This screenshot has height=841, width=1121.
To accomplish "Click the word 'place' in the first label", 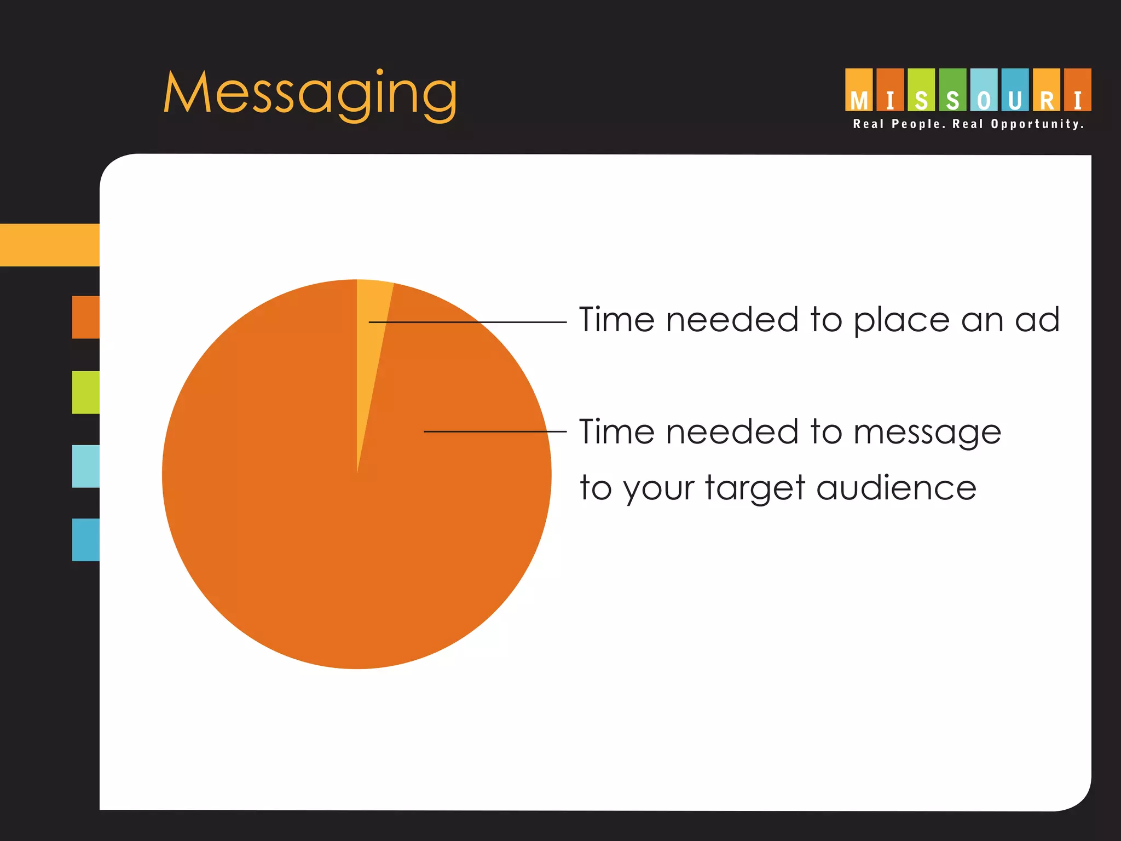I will point(901,321).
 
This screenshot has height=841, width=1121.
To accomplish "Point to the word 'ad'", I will point(1037,320).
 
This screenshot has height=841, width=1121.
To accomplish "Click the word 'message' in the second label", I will point(927,433).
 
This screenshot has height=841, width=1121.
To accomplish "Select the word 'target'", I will point(755,488).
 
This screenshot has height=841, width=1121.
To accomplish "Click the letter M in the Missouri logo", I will point(859,100).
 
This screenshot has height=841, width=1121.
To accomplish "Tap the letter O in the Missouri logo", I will point(984,100).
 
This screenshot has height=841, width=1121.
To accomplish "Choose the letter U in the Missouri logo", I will point(1015,100).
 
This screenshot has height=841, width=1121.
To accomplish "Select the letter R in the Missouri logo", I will point(1047,100).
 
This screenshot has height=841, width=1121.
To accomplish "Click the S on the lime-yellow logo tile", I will point(921,100).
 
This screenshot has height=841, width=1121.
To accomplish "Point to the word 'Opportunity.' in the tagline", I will point(1037,124).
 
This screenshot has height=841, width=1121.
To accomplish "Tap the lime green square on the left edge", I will point(86,393).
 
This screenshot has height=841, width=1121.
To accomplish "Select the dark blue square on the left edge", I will point(86,540).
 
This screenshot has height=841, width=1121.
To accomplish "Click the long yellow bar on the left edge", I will point(50,245).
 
